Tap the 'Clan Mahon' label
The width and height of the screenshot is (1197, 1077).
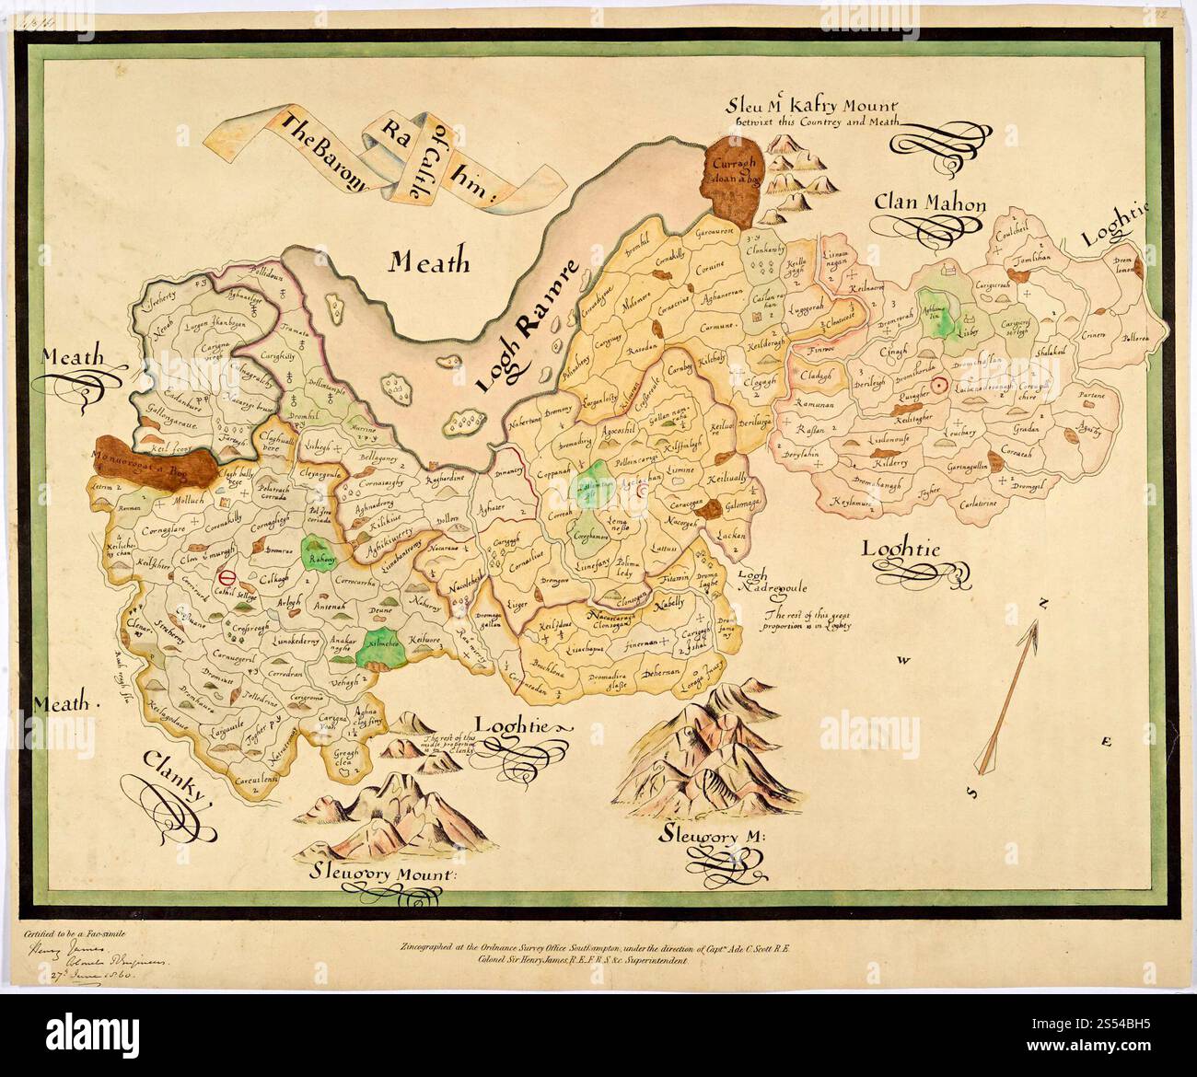[929, 204]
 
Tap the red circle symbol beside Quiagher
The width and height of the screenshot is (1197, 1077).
[939, 387]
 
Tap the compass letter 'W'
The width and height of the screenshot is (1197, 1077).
[905, 660]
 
